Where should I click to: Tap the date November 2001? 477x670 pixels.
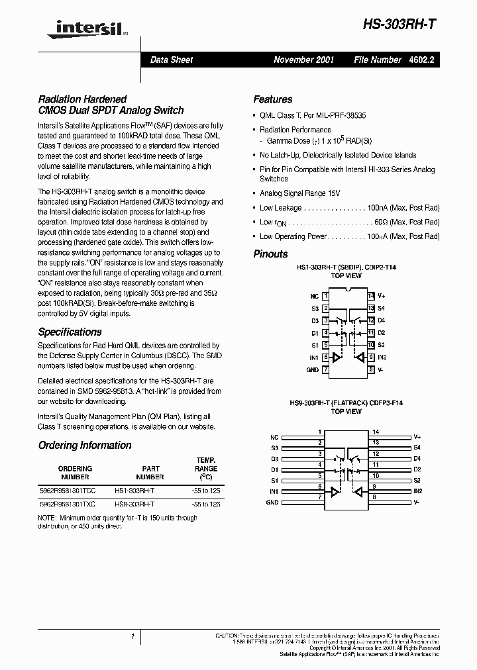click(304, 60)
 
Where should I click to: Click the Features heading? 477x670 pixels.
click(272, 99)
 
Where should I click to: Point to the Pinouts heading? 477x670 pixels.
click(270, 254)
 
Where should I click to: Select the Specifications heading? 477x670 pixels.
click(70, 332)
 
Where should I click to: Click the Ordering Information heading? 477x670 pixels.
click(85, 446)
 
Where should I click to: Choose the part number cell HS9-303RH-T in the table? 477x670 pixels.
click(134, 504)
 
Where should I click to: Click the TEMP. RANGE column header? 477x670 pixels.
click(207, 468)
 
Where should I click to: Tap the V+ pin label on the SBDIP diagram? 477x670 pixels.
click(382, 296)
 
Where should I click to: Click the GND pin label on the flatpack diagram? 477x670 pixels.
click(272, 502)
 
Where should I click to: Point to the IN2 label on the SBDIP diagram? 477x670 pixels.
click(382, 358)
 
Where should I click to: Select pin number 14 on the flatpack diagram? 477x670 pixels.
click(376, 431)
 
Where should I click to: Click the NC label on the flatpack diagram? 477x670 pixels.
click(274, 438)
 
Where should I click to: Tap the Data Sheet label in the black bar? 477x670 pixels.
click(172, 60)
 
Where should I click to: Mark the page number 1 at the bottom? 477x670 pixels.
click(132, 636)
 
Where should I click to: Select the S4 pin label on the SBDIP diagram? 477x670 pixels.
click(382, 309)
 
